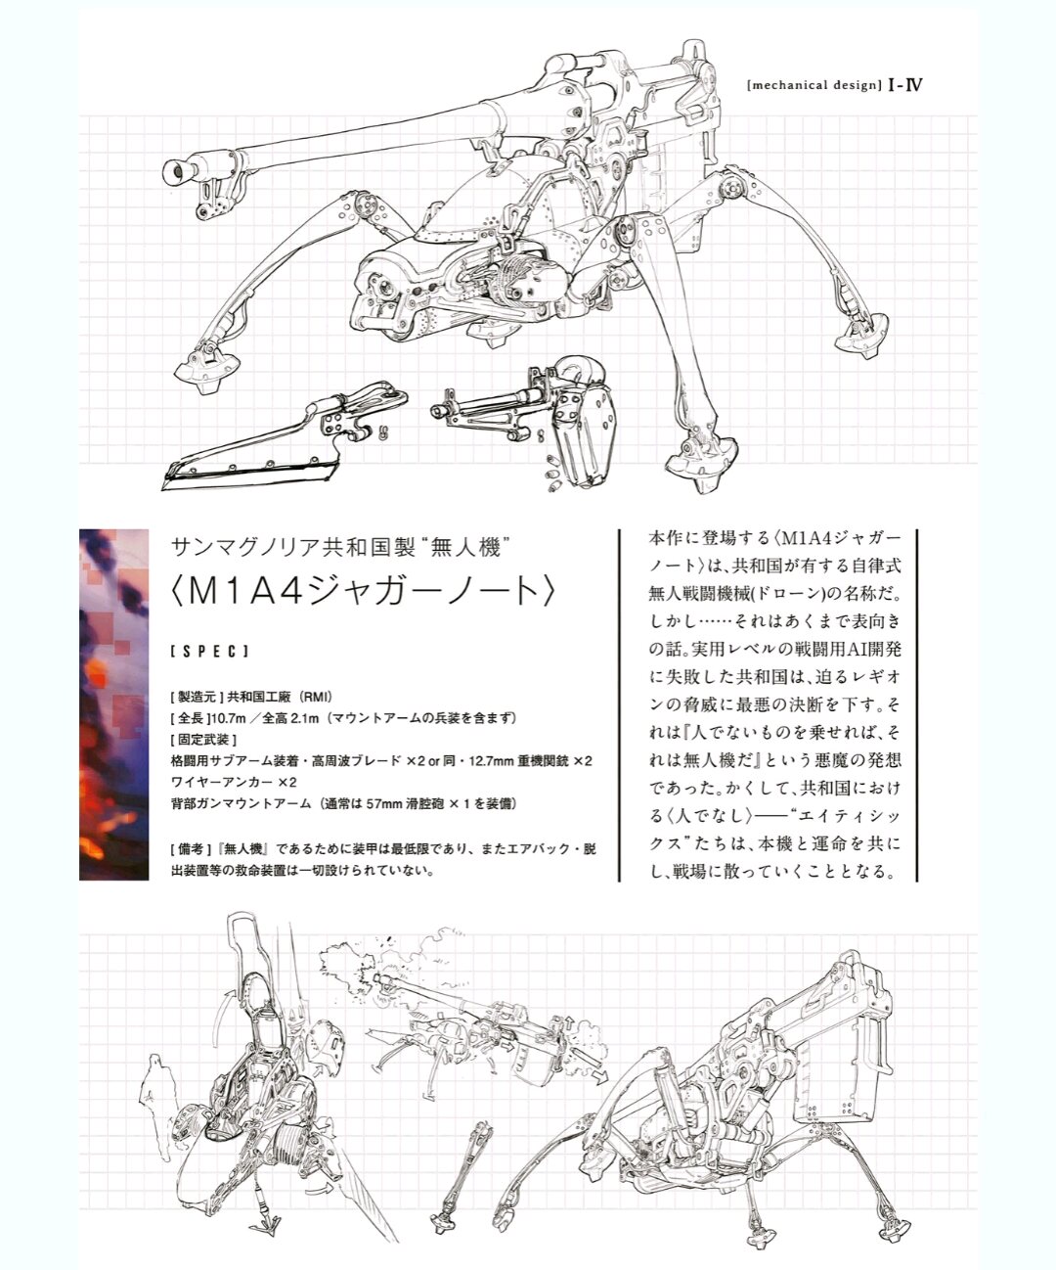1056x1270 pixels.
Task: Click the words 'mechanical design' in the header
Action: [x=814, y=85]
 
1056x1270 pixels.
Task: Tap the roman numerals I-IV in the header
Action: [x=905, y=84]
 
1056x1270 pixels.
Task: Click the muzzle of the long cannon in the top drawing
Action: [x=174, y=173]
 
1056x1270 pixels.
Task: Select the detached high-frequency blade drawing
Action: [x=285, y=435]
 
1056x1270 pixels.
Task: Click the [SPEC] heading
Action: [x=210, y=652]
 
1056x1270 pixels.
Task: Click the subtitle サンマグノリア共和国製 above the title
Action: [x=291, y=547]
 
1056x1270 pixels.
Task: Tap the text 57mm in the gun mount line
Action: [x=384, y=803]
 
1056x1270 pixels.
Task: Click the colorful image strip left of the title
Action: [x=113, y=704]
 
